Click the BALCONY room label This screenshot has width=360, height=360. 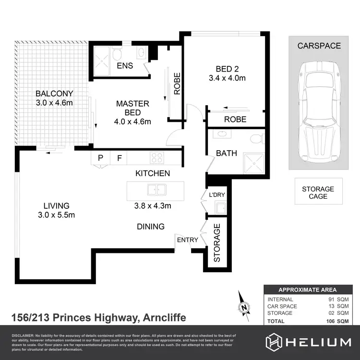(54, 94)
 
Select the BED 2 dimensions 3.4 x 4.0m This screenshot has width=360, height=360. (227, 78)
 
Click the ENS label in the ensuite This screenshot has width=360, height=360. (124, 65)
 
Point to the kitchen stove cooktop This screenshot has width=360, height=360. (157, 158)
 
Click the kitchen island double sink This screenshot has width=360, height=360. (156, 190)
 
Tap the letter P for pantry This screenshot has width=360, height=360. (101, 158)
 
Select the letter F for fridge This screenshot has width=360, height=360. (119, 158)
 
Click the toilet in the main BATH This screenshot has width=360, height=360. (258, 139)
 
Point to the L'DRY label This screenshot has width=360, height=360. (217, 195)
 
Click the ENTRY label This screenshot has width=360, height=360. (187, 240)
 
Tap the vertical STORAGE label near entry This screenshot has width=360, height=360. (217, 242)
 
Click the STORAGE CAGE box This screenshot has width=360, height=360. (318, 192)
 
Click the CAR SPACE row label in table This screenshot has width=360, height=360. (282, 306)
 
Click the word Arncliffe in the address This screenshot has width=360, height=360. (163, 318)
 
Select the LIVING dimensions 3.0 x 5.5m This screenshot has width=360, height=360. (57, 215)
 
